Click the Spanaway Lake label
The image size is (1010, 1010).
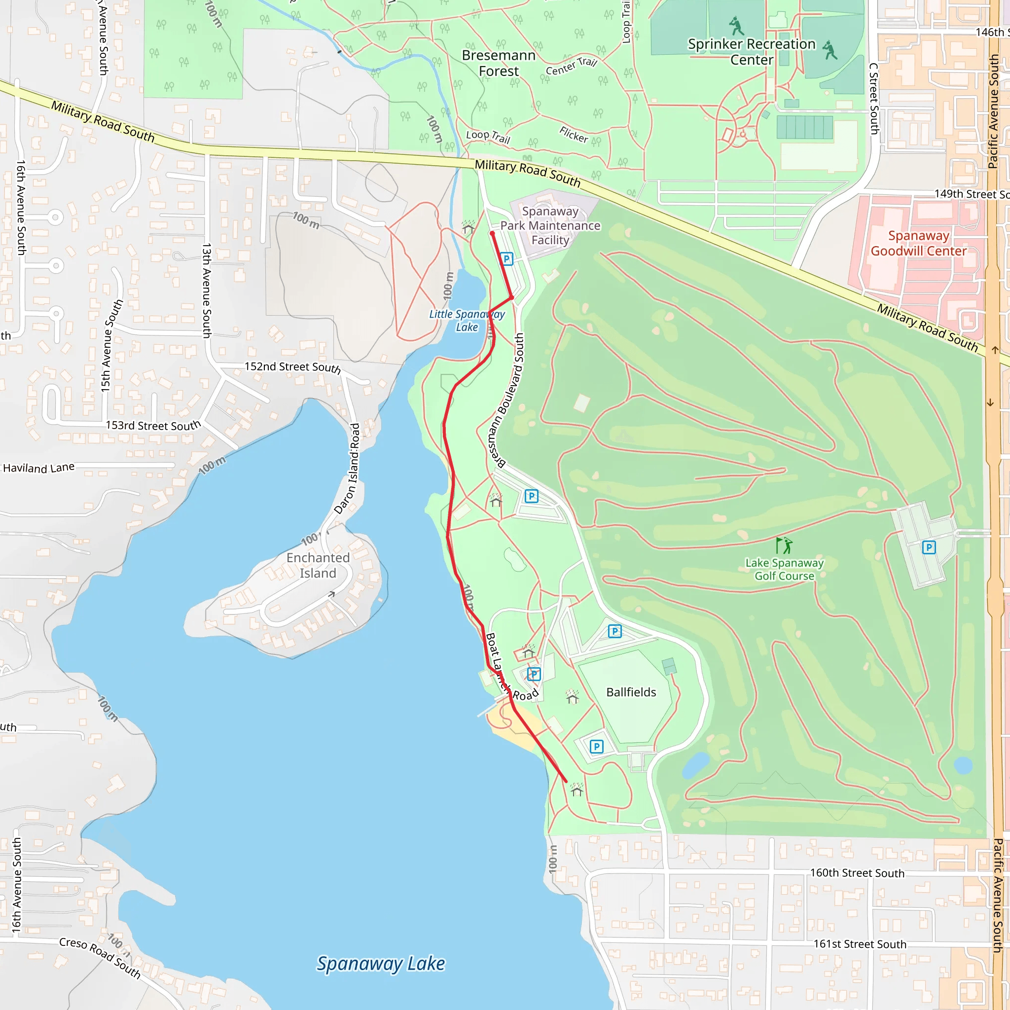tap(381, 963)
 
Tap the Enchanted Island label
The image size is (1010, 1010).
tap(318, 566)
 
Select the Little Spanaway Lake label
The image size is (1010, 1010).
tap(467, 321)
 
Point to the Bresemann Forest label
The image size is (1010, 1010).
tap(499, 63)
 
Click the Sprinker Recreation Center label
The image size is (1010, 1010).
tap(751, 52)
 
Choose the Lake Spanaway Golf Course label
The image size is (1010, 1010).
tap(784, 569)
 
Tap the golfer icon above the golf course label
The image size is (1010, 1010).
tap(784, 545)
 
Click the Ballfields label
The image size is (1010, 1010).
tap(631, 692)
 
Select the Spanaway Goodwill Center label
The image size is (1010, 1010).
tap(918, 244)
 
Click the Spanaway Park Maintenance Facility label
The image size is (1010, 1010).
tap(550, 226)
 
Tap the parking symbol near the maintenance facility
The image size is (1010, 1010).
tap(506, 259)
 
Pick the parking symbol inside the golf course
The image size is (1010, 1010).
tap(929, 547)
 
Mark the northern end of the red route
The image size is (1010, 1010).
tap(492, 233)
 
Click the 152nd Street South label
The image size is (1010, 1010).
tap(293, 367)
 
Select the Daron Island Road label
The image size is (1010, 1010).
tap(347, 469)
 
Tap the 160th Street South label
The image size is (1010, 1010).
tap(857, 873)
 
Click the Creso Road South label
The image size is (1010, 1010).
tap(100, 958)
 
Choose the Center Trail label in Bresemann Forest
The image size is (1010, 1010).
tap(572, 67)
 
